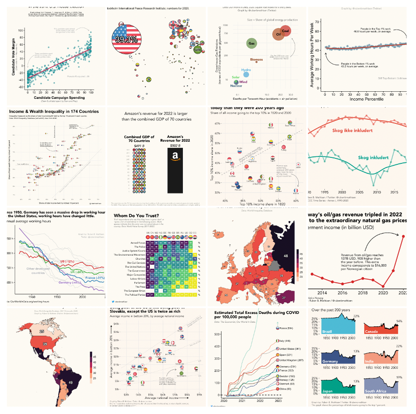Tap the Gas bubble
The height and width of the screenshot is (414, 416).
pyautogui.click(x=251, y=44)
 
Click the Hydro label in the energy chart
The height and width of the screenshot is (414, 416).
pyautogui.click(x=246, y=70)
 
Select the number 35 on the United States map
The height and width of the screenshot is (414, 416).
pyautogui.click(x=45, y=344)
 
